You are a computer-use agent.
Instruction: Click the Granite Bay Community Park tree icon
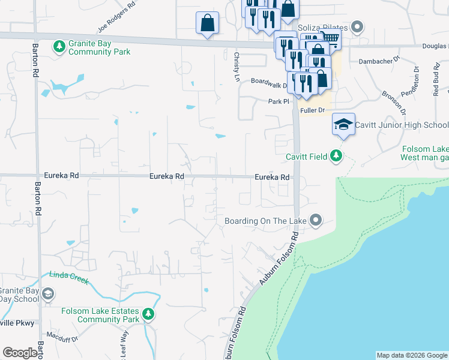[59, 46]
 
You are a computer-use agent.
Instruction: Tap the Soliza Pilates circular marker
[358, 27]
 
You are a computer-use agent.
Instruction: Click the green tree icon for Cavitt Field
[336, 157]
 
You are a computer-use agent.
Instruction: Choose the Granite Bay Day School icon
[48, 293]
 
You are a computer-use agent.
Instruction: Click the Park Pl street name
[279, 102]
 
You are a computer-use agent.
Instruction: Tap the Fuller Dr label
[313, 110]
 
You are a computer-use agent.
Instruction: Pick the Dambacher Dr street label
[379, 61]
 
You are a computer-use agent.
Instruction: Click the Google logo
[20, 353]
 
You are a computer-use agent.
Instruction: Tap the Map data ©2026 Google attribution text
[411, 355]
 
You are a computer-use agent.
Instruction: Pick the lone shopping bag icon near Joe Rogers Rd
[207, 23]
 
